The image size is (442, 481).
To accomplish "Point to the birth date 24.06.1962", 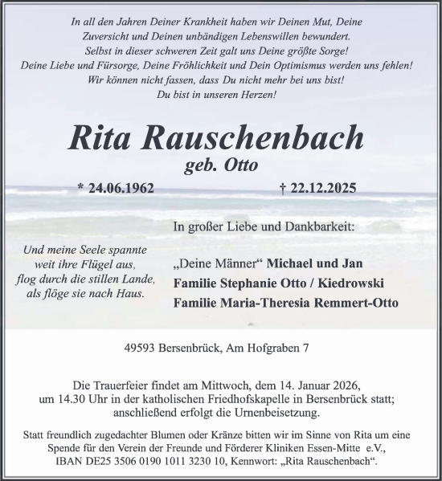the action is [115, 190].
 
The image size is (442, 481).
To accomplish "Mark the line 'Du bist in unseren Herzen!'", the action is [220, 96].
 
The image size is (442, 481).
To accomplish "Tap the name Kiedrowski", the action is [354, 283].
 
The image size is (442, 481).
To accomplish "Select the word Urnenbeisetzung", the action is [271, 414].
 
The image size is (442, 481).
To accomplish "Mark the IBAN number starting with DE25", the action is [150, 463].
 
